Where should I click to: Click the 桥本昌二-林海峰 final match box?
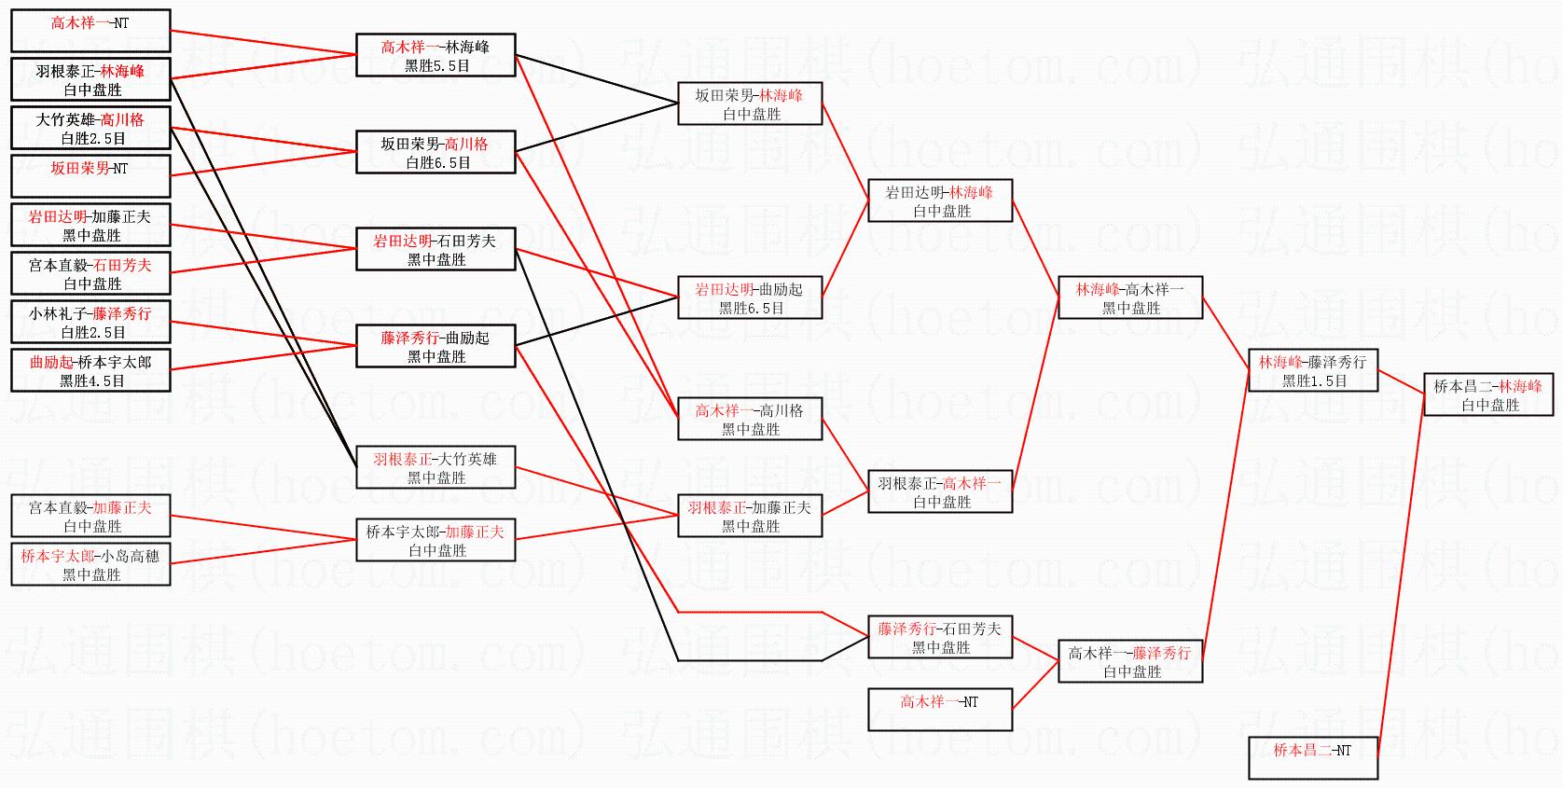(x=1487, y=394)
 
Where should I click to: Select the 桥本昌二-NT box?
(x=1312, y=757)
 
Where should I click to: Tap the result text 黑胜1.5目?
(x=1313, y=380)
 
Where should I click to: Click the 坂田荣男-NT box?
(x=90, y=175)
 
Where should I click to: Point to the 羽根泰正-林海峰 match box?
(x=90, y=79)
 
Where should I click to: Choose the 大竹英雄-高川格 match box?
(x=90, y=128)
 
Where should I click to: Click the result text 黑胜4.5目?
(x=91, y=380)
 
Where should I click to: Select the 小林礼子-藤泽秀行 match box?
(x=90, y=322)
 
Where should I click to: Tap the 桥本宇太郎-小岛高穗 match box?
(x=90, y=564)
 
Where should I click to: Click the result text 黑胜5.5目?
(x=436, y=65)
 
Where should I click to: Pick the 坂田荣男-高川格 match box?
(x=436, y=152)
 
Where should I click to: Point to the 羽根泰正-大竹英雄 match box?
(x=436, y=467)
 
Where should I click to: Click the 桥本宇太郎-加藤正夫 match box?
(x=436, y=540)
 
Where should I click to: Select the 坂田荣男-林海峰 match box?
(x=750, y=104)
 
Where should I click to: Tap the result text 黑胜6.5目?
(x=751, y=308)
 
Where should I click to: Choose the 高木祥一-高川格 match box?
(x=750, y=419)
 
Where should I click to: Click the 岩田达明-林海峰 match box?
(x=940, y=200)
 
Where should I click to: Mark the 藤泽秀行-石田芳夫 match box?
(x=940, y=637)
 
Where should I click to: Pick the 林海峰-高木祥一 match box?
(x=1130, y=297)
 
